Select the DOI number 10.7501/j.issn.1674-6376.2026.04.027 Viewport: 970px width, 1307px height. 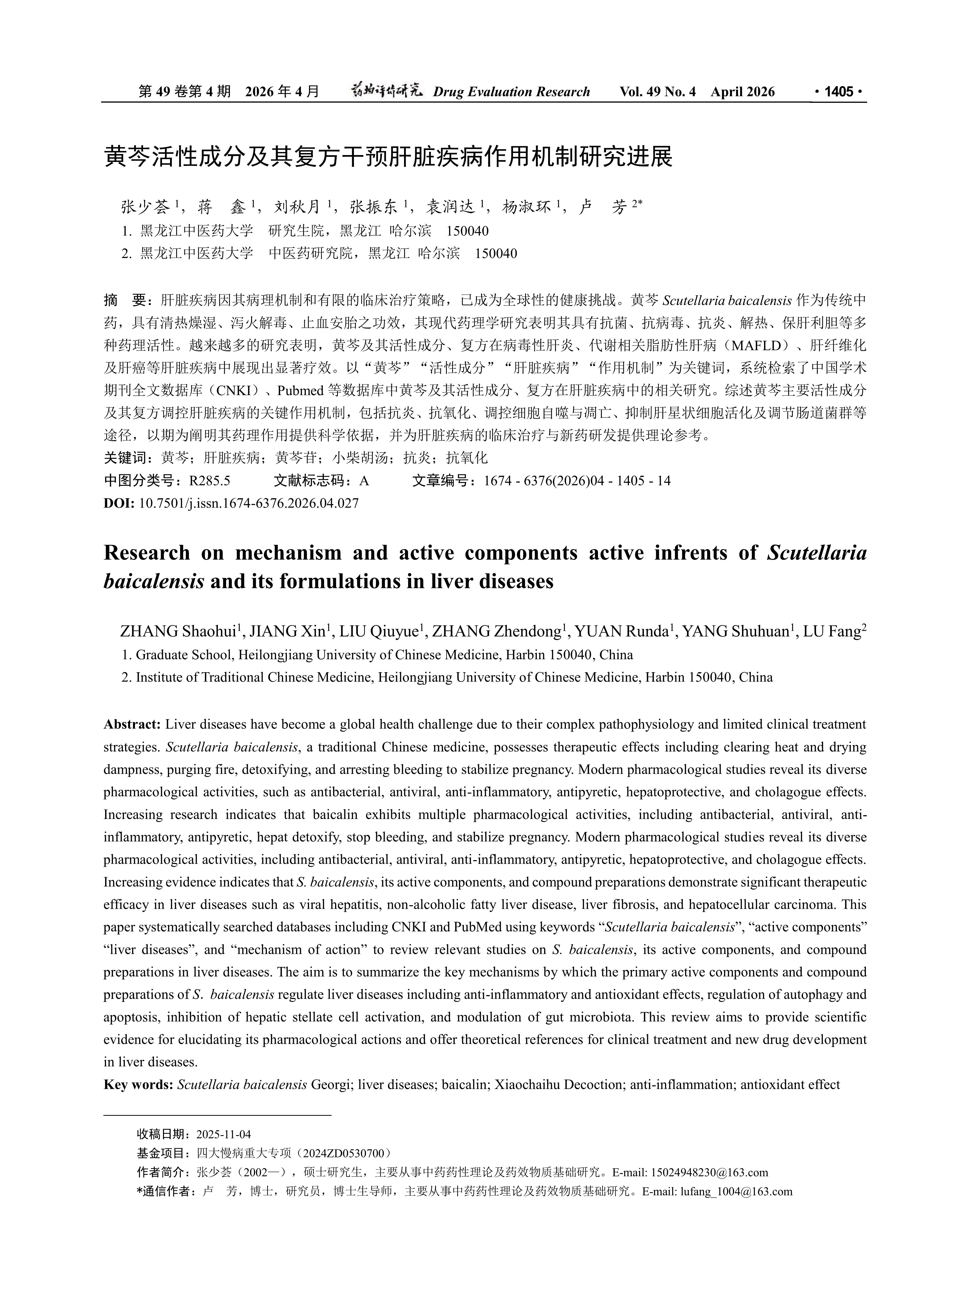point(248,503)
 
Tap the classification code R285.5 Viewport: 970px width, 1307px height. point(210,481)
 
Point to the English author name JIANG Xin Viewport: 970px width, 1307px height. point(288,632)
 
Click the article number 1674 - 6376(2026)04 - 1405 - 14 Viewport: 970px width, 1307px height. point(577,481)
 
